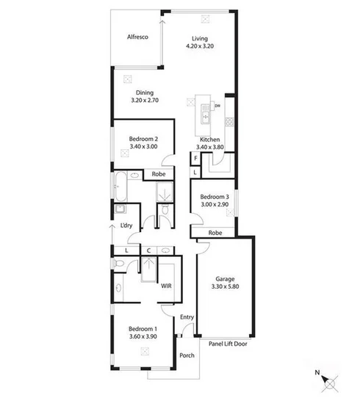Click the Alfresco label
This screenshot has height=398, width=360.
(137, 37)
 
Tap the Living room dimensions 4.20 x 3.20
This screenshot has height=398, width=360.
(200, 46)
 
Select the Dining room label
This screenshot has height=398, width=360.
(145, 93)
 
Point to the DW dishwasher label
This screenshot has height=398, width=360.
(217, 106)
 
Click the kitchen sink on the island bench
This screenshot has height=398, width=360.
(206, 115)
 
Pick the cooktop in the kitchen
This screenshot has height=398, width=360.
(229, 122)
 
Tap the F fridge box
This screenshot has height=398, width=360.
(195, 159)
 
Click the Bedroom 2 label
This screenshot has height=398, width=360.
(143, 139)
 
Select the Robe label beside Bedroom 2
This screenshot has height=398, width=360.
(159, 174)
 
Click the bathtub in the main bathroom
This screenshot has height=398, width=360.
(120, 187)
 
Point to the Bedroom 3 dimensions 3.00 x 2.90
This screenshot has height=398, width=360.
(215, 204)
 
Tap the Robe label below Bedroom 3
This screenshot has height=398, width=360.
(215, 233)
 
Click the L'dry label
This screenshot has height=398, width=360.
(126, 225)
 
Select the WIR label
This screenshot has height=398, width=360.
(166, 286)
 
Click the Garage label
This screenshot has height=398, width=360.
(225, 279)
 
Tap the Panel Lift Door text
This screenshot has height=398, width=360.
(228, 344)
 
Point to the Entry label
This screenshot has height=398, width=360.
(187, 317)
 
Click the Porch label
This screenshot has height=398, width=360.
(187, 355)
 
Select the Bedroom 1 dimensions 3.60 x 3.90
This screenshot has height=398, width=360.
(143, 336)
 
